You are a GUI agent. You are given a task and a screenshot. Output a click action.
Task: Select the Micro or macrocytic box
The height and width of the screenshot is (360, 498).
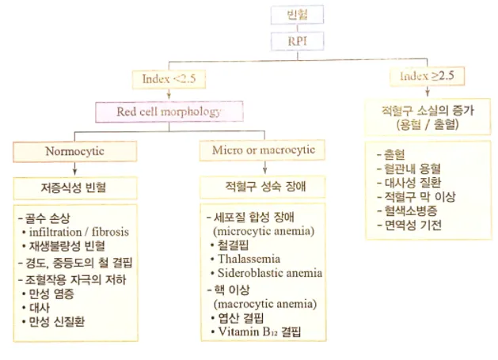tap(263, 150)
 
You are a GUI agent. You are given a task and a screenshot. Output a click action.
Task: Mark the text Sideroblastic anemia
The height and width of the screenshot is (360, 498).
tap(266, 273)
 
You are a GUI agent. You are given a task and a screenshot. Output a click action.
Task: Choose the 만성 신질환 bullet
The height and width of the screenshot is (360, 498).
tap(59, 321)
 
